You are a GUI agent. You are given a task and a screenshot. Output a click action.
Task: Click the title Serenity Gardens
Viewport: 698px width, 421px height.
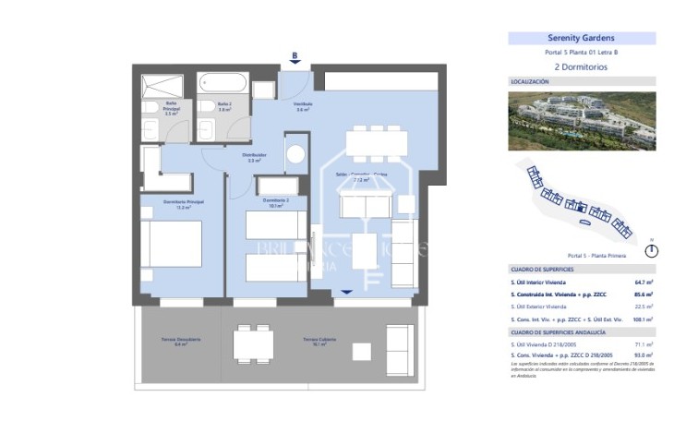(x=582, y=39)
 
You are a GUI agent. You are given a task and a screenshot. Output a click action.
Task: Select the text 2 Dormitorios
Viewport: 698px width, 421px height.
(x=582, y=67)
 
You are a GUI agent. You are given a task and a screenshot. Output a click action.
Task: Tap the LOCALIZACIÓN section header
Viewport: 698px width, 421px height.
(x=530, y=82)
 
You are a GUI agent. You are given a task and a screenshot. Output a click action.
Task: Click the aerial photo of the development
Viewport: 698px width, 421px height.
(x=582, y=120)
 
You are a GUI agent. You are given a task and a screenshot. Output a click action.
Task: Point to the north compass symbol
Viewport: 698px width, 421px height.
(x=652, y=250)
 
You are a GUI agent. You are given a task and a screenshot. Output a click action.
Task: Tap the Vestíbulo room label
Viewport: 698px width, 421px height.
(x=303, y=104)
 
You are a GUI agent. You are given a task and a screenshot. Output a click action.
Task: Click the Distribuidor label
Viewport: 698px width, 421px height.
(x=254, y=155)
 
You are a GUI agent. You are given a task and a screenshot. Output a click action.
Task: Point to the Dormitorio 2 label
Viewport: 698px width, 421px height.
(x=276, y=200)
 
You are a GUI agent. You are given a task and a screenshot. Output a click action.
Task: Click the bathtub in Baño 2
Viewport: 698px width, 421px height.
(x=224, y=85)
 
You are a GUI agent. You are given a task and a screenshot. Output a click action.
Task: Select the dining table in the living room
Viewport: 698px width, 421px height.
(x=376, y=143)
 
